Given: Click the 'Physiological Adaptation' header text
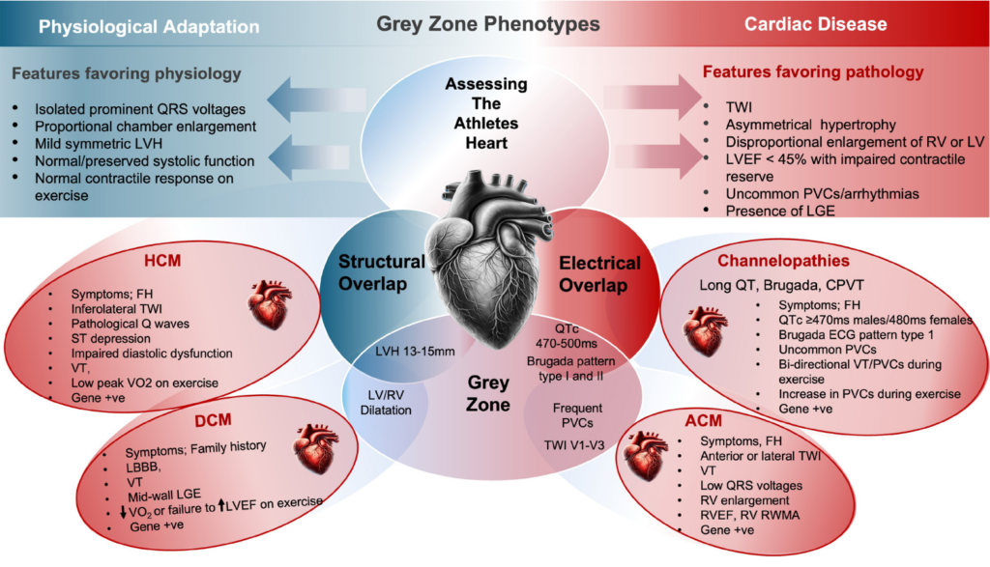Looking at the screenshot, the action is tap(149, 26).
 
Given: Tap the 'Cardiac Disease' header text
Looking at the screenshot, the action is tap(815, 24).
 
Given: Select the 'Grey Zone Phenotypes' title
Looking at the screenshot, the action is tap(488, 24).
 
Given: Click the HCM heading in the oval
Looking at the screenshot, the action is tap(162, 261).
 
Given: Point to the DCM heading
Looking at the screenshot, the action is tap(213, 420).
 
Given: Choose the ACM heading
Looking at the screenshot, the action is tap(703, 421).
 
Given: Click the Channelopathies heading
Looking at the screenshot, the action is tap(783, 261).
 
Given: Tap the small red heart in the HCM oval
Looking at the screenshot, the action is tap(271, 304).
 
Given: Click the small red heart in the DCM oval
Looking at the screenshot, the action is tap(316, 448).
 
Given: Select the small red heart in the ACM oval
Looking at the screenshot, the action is tap(645, 455).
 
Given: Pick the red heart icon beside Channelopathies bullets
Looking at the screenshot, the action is tap(705, 331).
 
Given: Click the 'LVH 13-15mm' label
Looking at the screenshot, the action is tap(415, 352).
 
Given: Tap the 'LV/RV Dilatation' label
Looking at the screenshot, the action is tap(386, 403).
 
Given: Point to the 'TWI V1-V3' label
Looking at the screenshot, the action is tap(574, 445).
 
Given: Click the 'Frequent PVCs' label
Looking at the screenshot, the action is tap(577, 415).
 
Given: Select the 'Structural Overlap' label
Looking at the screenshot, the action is tap(381, 272).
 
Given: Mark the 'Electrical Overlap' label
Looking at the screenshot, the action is tap(599, 274).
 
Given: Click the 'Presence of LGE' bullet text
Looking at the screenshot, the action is tap(780, 212).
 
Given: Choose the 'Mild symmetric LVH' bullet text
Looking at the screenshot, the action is tap(99, 144).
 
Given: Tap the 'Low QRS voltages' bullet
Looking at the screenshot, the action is tap(750, 486).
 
